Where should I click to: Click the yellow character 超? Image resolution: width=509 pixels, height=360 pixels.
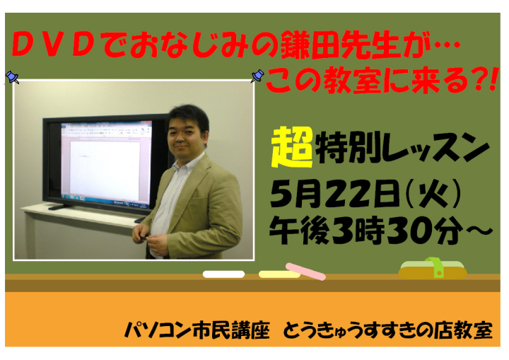tap(292, 147)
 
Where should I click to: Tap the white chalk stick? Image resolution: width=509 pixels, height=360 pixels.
tap(223, 274)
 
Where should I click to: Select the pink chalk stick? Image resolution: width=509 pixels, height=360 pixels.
tap(305, 272)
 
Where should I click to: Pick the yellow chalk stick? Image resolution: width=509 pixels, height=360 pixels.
tap(279, 274)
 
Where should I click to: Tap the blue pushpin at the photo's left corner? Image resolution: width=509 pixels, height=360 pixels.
tap(12, 77)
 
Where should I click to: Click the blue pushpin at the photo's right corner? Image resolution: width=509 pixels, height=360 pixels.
tap(257, 76)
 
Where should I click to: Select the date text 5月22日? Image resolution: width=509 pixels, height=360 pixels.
tap(334, 194)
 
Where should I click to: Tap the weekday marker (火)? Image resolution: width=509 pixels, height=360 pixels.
tap(433, 194)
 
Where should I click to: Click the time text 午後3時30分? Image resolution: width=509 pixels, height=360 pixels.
tap(366, 230)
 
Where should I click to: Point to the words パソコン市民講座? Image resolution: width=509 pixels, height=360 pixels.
tap(197, 330)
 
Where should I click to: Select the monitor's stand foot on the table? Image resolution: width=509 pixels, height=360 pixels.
tap(60, 207)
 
